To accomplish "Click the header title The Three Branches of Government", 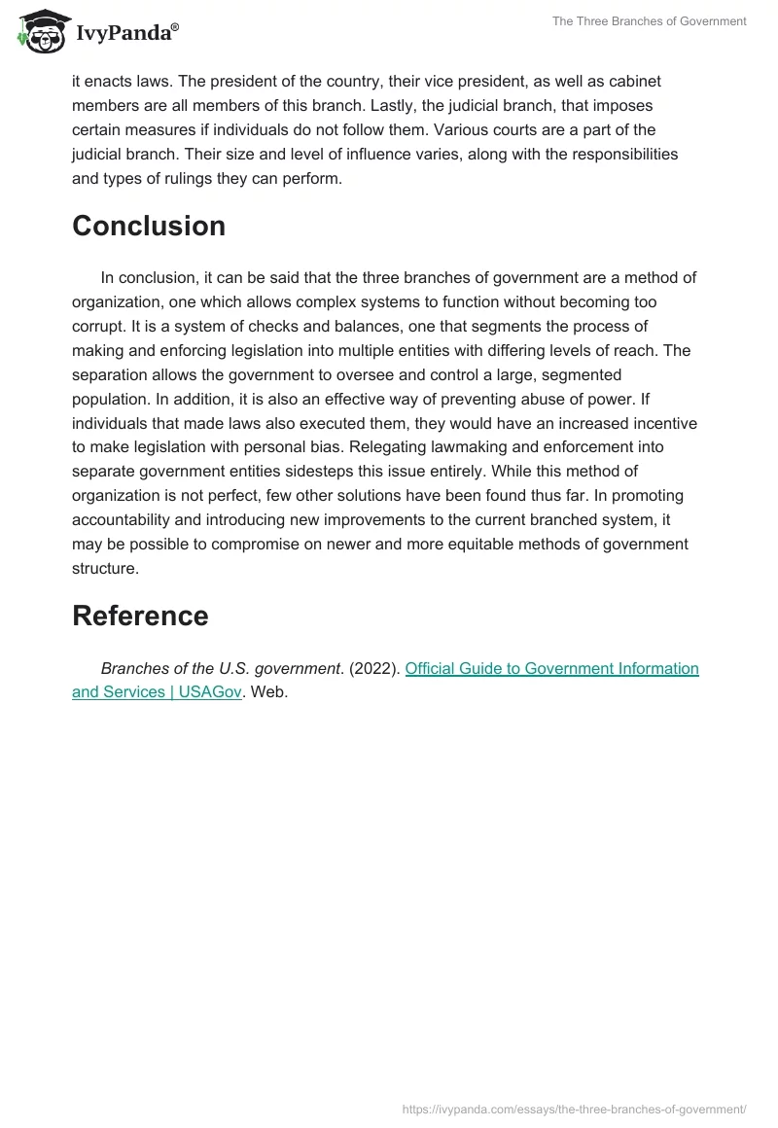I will (649, 21).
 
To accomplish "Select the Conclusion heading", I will (149, 226).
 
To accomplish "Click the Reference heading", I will (140, 616).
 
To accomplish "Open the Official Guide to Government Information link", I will (551, 668).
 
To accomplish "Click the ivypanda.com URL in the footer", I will (574, 1109).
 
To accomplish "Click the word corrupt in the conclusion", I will (98, 301).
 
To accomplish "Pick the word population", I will (109, 399).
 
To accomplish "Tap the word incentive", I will (665, 423).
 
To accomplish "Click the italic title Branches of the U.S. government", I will (221, 668).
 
